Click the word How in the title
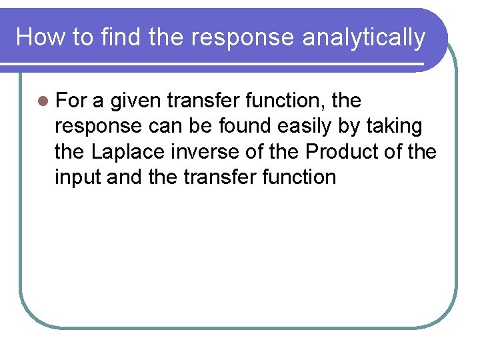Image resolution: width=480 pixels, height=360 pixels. (x=37, y=37)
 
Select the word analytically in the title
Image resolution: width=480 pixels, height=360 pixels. (x=363, y=37)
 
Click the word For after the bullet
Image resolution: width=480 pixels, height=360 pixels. (x=71, y=101)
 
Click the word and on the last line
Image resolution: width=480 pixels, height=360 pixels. (x=124, y=177)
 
